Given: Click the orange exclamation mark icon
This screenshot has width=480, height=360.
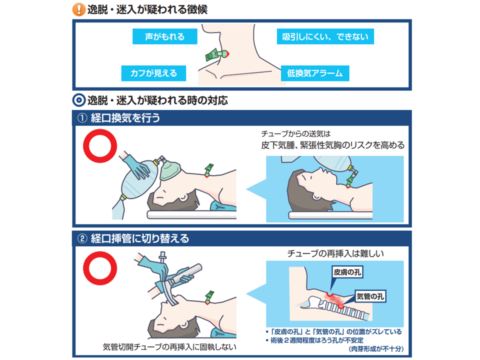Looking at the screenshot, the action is coord(78,9).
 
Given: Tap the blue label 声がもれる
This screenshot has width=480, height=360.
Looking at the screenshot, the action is coord(164,36).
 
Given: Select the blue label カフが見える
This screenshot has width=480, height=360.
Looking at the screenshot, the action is coord(153,73).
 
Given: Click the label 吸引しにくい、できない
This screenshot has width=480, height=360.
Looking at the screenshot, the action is coord(325,36).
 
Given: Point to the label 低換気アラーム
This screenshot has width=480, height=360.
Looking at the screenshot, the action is coord(315,73).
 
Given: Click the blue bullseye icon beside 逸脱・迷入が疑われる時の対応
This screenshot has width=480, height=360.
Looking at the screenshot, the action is coord(78,100).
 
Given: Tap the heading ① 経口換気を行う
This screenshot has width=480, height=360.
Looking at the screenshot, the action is coord(119,118).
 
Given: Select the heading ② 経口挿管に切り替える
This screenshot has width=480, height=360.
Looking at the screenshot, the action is coord(133,238).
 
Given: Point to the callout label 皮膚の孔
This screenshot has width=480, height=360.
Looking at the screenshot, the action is coord(347,272).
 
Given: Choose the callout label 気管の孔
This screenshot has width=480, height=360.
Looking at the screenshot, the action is coord(370,296).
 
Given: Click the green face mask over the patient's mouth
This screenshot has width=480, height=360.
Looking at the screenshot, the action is coord(169,171).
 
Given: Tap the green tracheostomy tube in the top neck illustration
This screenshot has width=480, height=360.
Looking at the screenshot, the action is coord(216,55).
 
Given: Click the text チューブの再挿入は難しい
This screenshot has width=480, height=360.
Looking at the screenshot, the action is coord(335,253).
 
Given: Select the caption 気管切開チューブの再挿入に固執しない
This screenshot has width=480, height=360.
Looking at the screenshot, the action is coord(169,347).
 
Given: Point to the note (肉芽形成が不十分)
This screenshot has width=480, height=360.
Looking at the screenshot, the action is coord(376,348).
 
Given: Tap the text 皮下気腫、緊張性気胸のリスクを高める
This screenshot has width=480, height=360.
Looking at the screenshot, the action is coord(333,145).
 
